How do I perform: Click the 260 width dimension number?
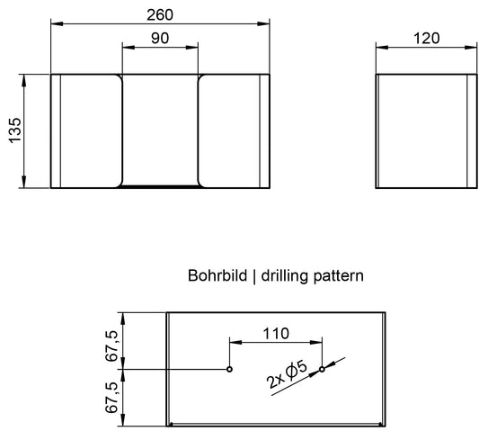pyautogui.click(x=160, y=15)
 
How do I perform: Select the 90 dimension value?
pyautogui.click(x=160, y=38)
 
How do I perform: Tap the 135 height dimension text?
pyautogui.click(x=15, y=130)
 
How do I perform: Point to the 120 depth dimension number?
pyautogui.click(x=427, y=39)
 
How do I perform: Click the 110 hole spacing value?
pyautogui.click(x=276, y=334)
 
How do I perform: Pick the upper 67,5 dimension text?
pyautogui.click(x=111, y=346)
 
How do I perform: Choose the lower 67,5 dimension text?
pyautogui.click(x=111, y=398)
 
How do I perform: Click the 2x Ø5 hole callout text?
pyautogui.click(x=287, y=375)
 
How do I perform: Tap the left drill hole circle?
pyautogui.click(x=229, y=369)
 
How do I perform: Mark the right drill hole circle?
pyautogui.click(x=322, y=369)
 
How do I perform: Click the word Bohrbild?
pyautogui.click(x=217, y=275)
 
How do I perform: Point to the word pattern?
pyautogui.click(x=339, y=276)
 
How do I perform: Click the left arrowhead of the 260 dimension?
pyautogui.click(x=58, y=24)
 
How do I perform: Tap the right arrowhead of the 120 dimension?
pyautogui.click(x=470, y=48)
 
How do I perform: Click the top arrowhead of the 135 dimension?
pyautogui.click(x=24, y=80)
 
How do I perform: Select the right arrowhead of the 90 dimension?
pyautogui.click(x=191, y=48)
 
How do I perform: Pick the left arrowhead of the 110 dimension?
pyautogui.click(x=235, y=343)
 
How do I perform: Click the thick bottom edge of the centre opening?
pyautogui.click(x=160, y=186)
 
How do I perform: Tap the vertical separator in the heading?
pyautogui.click(x=254, y=277)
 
